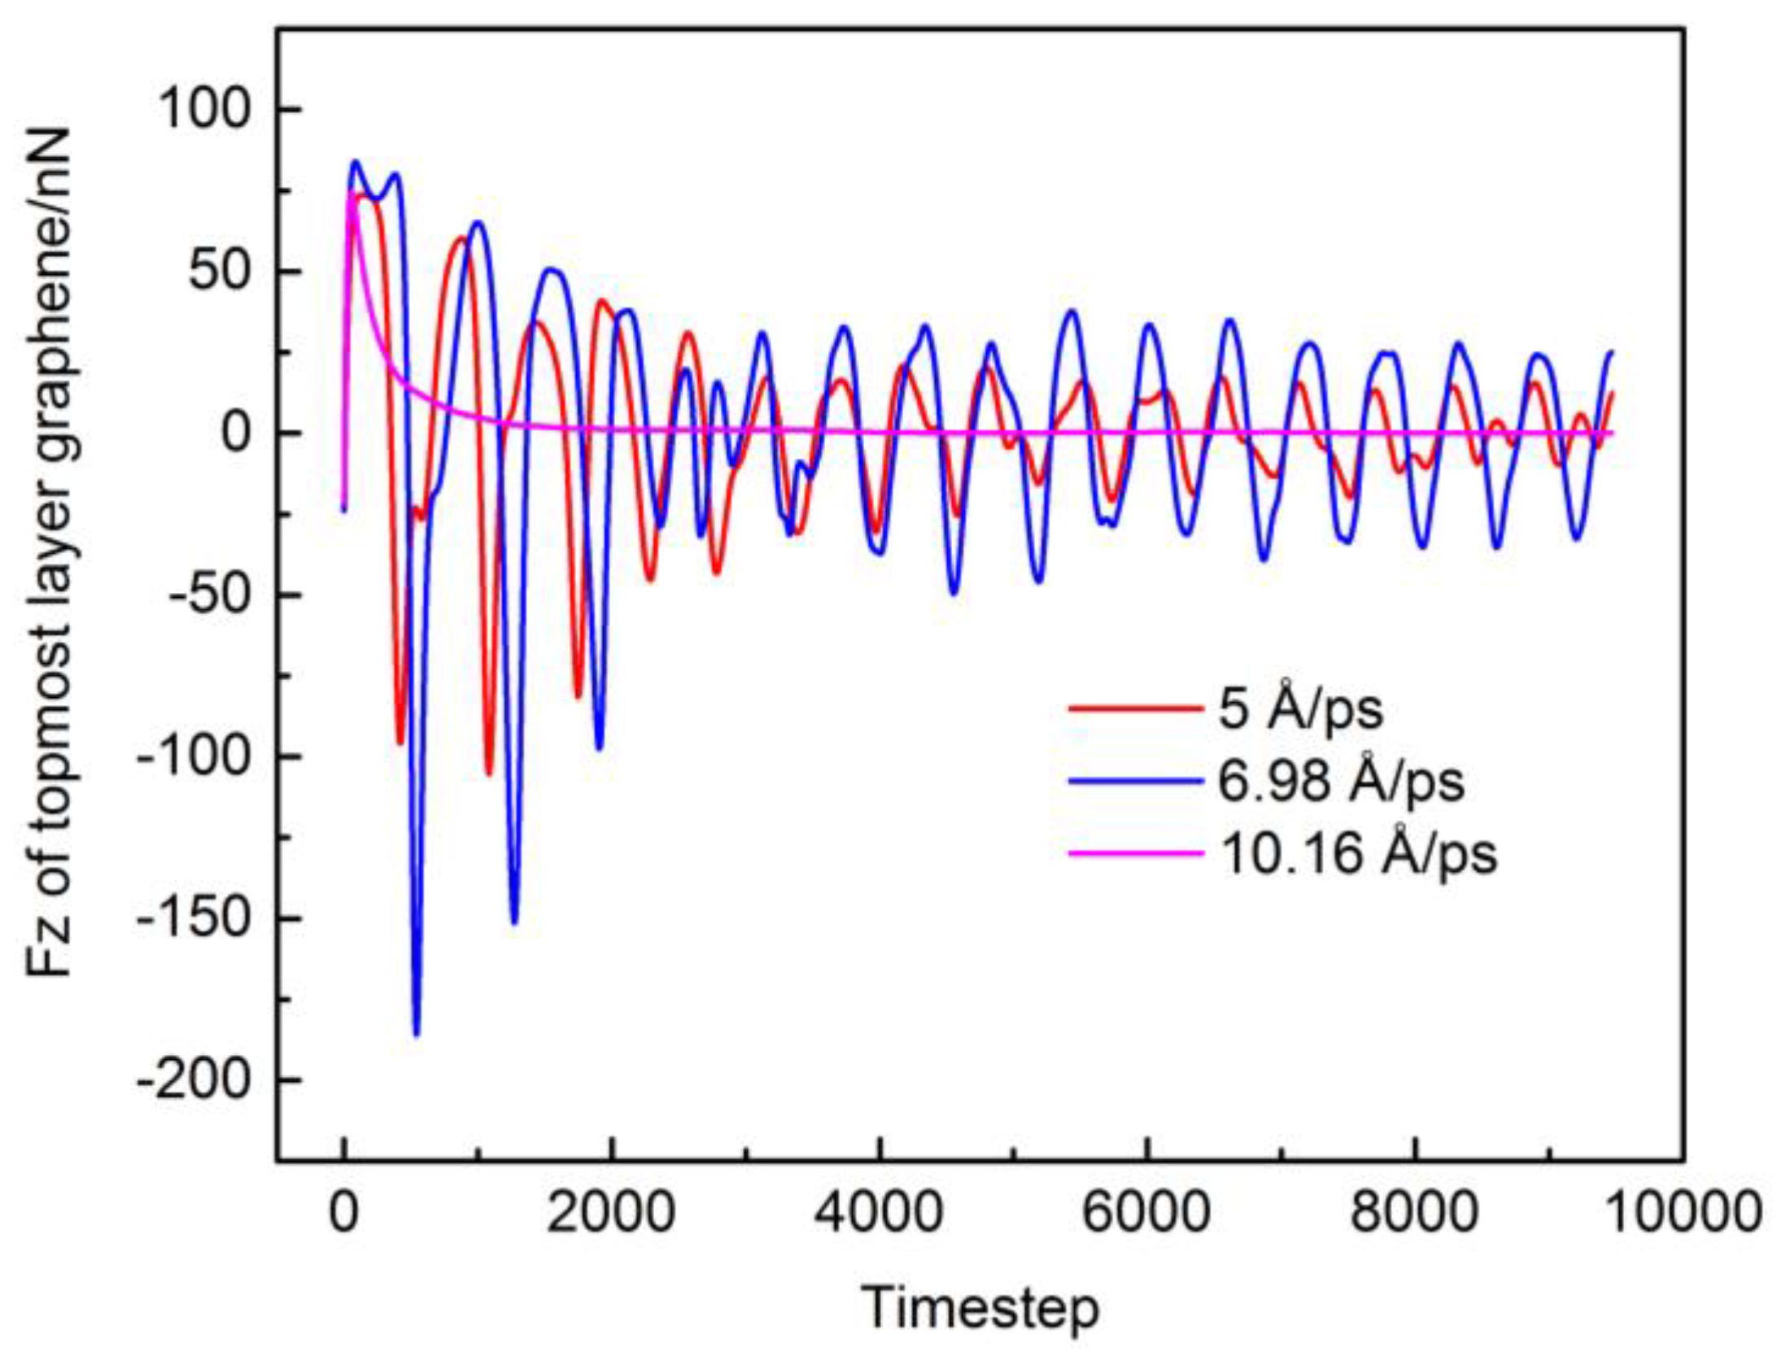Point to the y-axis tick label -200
(192, 1081)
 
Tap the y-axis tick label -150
(192, 918)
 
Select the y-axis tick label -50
(204, 595)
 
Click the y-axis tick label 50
(216, 272)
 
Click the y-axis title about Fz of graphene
(50, 553)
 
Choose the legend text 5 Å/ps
(1300, 709)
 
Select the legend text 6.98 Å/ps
(1341, 782)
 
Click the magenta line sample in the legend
(1136, 853)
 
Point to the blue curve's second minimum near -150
(513, 922)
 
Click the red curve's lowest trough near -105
(489, 774)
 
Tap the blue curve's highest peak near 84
(355, 162)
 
